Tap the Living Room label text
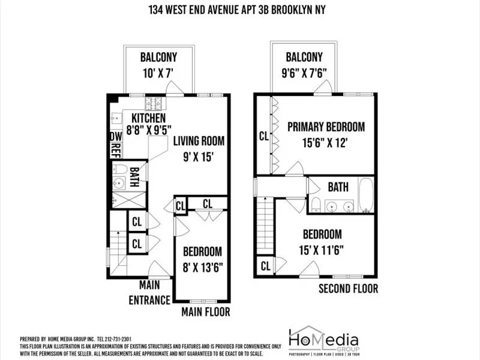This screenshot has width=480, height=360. pyautogui.click(x=199, y=142)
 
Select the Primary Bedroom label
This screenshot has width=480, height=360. pyautogui.click(x=325, y=127)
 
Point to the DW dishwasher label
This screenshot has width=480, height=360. pyautogui.click(x=115, y=137)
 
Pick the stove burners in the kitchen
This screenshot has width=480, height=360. pyautogui.click(x=158, y=103)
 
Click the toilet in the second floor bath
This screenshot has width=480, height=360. pyautogui.click(x=316, y=204)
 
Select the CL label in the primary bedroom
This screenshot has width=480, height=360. pyautogui.click(x=263, y=136)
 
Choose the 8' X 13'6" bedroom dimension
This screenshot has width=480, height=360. pyautogui.click(x=202, y=268)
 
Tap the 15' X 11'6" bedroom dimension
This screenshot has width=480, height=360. pyautogui.click(x=322, y=249)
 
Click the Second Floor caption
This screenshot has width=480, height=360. pyautogui.click(x=348, y=289)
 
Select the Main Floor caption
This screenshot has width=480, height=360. pyautogui.click(x=205, y=312)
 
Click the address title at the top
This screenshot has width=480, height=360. pyautogui.click(x=240, y=10)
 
